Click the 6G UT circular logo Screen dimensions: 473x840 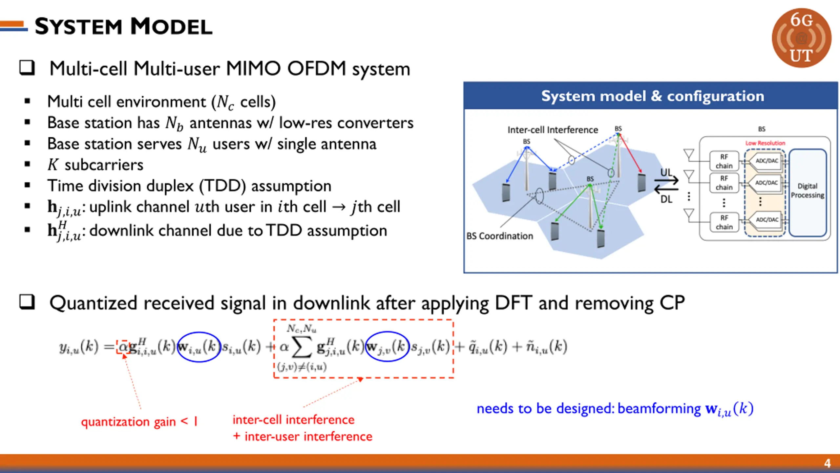tap(801, 38)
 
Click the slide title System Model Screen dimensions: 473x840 tap(123, 26)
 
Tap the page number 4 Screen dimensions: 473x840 tap(827, 463)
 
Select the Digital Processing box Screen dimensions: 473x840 tap(807, 191)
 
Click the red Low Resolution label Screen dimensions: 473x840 tap(765, 143)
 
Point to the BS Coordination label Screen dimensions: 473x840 tap(499, 236)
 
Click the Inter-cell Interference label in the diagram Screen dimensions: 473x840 tap(553, 130)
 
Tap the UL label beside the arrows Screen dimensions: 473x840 tap(666, 172)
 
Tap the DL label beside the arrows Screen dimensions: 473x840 tap(666, 199)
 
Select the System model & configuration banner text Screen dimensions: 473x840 tap(652, 96)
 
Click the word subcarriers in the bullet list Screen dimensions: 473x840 tap(104, 165)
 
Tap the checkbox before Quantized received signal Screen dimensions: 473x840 tap(27, 302)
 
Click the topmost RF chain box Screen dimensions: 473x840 tap(724, 161)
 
